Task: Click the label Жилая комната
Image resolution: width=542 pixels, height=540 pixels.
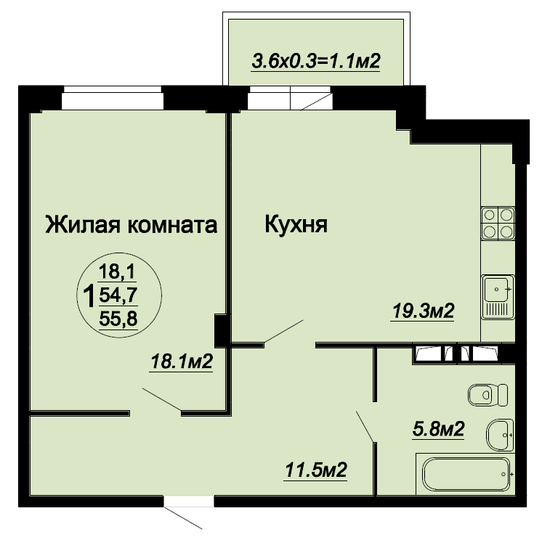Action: tap(132, 225)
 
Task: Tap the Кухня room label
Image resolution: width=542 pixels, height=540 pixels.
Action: tap(296, 224)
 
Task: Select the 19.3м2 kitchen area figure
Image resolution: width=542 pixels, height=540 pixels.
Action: tap(423, 311)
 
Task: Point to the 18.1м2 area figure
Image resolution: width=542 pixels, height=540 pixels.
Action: tap(182, 361)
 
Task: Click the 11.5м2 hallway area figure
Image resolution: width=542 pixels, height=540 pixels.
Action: tap(315, 470)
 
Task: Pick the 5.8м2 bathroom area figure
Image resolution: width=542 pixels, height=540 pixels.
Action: tap(438, 429)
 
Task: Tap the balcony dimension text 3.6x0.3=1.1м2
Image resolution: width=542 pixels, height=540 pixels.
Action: tap(316, 62)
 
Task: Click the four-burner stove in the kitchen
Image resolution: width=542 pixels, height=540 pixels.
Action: tap(498, 224)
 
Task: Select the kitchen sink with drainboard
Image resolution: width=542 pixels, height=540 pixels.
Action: tap(498, 297)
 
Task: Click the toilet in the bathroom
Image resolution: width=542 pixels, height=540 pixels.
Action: tap(488, 395)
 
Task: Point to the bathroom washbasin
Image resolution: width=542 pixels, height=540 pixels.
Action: tap(500, 435)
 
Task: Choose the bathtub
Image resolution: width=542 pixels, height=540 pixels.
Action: tap(466, 474)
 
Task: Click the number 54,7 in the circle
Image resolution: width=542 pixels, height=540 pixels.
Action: tap(118, 295)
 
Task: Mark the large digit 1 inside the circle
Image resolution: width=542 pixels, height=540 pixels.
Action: tap(89, 296)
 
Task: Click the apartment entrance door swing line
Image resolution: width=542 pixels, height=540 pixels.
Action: tap(183, 518)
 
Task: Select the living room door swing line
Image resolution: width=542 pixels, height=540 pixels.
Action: tap(162, 399)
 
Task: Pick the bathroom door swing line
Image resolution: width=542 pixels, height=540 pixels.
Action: tap(365, 426)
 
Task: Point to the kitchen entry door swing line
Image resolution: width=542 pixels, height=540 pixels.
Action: tap(283, 332)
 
